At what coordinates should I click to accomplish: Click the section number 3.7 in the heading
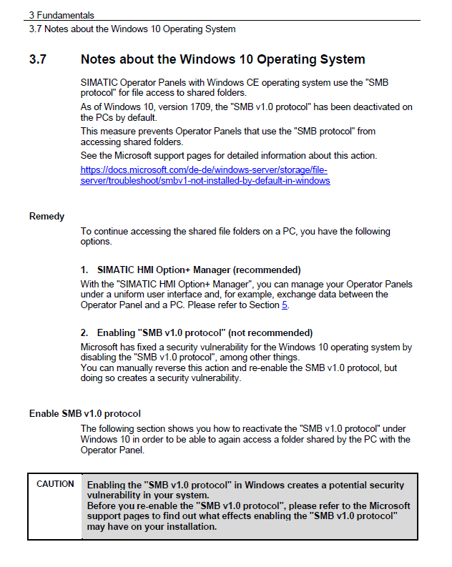(x=38, y=59)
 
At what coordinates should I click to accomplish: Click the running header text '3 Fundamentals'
(x=62, y=15)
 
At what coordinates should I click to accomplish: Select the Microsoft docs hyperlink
(x=205, y=176)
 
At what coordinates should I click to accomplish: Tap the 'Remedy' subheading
(x=46, y=216)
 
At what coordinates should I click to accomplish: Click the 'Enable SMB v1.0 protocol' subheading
(x=84, y=413)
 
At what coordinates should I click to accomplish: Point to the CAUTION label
(x=55, y=484)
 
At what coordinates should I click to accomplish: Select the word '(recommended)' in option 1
(x=267, y=270)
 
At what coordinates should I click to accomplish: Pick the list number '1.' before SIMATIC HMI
(x=84, y=270)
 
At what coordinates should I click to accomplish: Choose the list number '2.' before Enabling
(x=84, y=332)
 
